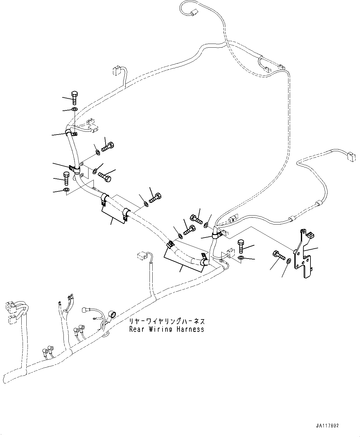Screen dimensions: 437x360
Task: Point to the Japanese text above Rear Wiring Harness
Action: tap(167, 321)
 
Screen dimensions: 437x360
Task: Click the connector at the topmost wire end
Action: tap(194, 13)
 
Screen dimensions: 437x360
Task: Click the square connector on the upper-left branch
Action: tap(116, 71)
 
